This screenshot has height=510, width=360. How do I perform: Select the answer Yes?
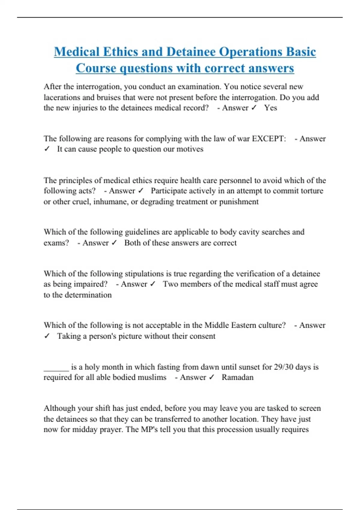271,108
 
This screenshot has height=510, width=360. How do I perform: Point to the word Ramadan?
238,377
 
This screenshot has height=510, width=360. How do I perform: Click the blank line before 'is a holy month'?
56,367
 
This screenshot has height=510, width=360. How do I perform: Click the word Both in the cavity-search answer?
132,243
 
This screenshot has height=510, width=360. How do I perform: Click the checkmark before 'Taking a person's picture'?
47,336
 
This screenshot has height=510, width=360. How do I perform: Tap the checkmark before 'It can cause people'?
47,149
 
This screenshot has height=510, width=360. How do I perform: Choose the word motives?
190,149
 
